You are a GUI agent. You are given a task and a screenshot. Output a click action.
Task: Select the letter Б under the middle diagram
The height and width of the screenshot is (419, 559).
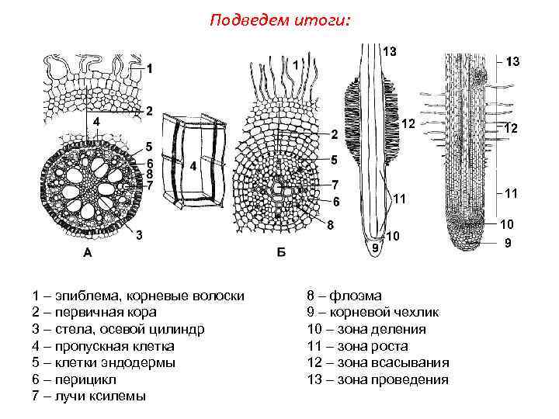(280, 251)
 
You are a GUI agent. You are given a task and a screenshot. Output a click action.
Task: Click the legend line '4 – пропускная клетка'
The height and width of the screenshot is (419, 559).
(103, 346)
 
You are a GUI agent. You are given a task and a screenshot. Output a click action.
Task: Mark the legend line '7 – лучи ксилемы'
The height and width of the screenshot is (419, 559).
(89, 396)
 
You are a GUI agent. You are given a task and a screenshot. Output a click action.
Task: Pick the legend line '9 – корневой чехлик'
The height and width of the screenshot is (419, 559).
(373, 312)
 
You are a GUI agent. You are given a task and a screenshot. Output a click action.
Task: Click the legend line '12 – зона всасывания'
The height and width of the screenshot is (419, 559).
(378, 362)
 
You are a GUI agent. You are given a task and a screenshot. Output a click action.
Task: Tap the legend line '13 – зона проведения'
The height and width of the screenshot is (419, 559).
(378, 379)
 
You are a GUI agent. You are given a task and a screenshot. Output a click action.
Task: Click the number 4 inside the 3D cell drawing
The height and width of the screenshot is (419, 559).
(192, 166)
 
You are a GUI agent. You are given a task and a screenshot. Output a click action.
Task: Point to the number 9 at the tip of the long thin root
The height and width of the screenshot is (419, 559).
(374, 248)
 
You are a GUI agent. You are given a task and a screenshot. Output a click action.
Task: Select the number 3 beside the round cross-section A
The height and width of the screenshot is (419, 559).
(138, 234)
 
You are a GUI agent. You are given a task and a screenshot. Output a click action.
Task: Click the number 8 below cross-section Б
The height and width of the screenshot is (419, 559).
(330, 225)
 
